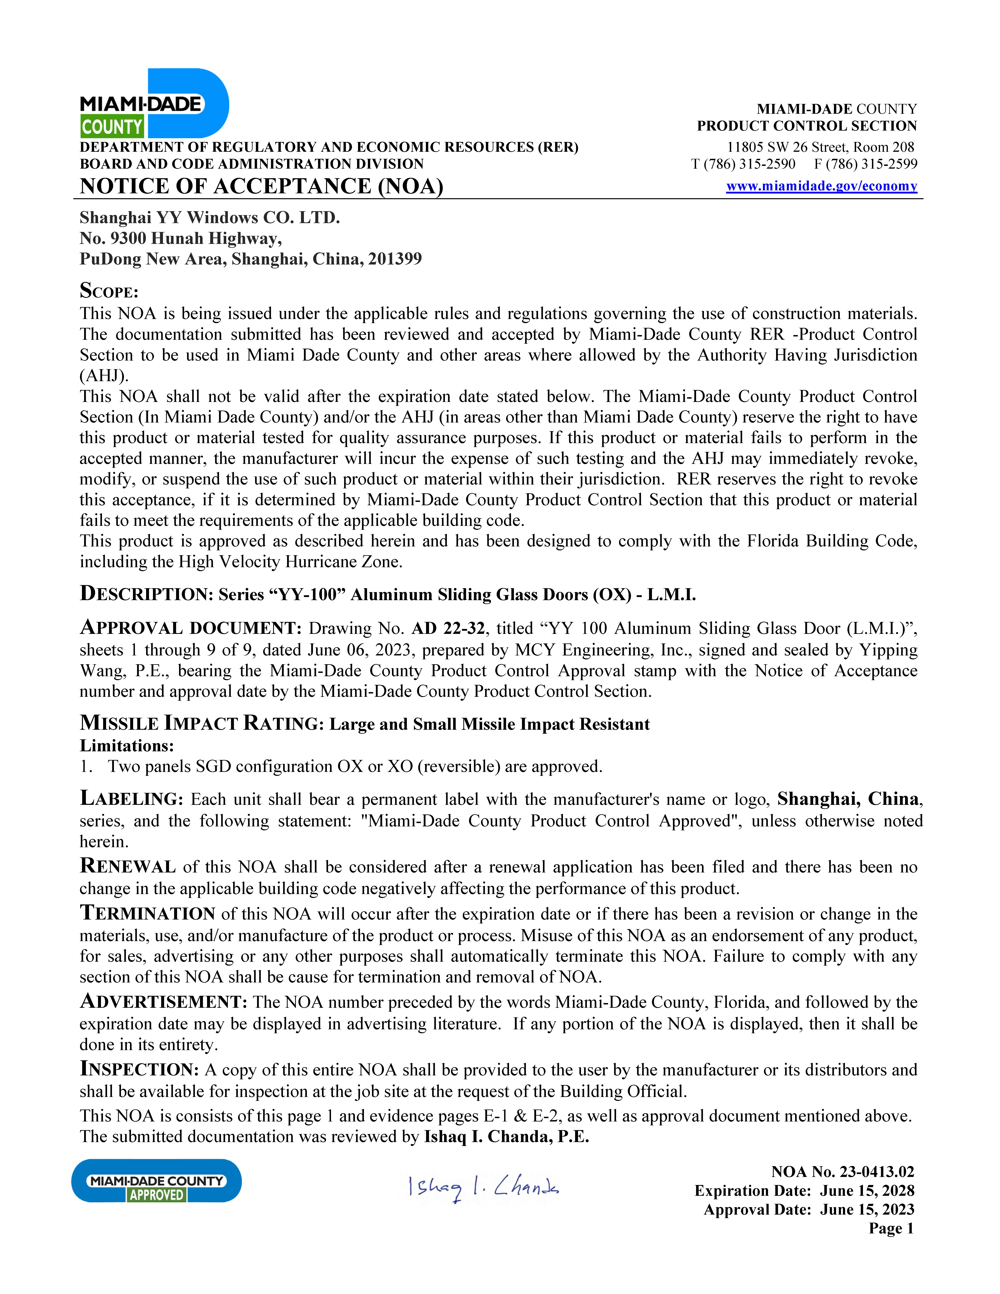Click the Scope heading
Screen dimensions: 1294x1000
click(x=109, y=291)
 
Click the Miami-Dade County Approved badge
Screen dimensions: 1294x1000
click(x=156, y=1181)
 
